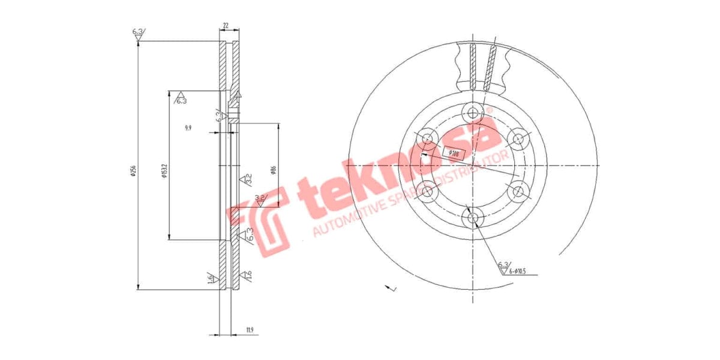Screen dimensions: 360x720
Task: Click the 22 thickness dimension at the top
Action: [225, 26]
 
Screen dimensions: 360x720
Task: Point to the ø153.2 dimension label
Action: [163, 171]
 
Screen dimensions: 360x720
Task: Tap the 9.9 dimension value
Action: [188, 128]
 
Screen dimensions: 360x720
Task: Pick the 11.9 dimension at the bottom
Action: [250, 329]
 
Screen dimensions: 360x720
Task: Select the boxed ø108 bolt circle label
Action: [454, 154]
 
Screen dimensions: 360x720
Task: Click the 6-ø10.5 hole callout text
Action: [519, 272]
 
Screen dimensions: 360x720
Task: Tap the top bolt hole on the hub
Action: [473, 112]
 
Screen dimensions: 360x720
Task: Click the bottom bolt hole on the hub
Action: [473, 217]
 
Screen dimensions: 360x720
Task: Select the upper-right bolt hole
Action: [518, 139]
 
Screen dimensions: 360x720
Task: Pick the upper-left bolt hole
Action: [427, 139]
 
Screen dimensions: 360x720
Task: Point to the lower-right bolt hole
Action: [518, 191]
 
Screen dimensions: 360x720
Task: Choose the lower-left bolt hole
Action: [427, 191]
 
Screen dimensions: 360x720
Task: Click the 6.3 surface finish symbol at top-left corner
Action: [137, 33]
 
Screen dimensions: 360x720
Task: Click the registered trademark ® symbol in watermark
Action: [489, 110]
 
